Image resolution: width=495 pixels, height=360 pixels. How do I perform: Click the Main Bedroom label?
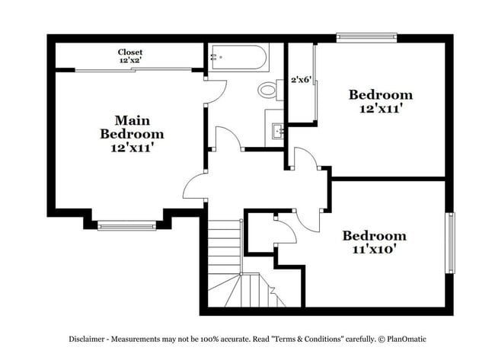[x=132, y=127]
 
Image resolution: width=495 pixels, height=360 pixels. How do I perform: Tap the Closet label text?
[x=130, y=53]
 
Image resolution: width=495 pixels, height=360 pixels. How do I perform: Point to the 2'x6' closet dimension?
[x=302, y=78]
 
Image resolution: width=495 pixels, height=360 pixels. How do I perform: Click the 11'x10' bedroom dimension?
[x=373, y=248]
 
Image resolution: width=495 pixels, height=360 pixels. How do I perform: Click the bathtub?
[x=238, y=58]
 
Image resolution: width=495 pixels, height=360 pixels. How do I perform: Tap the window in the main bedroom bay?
[x=126, y=225]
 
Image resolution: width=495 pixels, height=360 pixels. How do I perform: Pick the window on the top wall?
[x=367, y=36]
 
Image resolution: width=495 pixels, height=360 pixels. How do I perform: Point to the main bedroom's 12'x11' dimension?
[x=132, y=148]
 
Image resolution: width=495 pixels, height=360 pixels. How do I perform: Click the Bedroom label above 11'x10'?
[x=373, y=235]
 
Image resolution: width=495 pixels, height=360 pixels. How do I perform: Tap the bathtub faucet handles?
[x=212, y=56]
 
